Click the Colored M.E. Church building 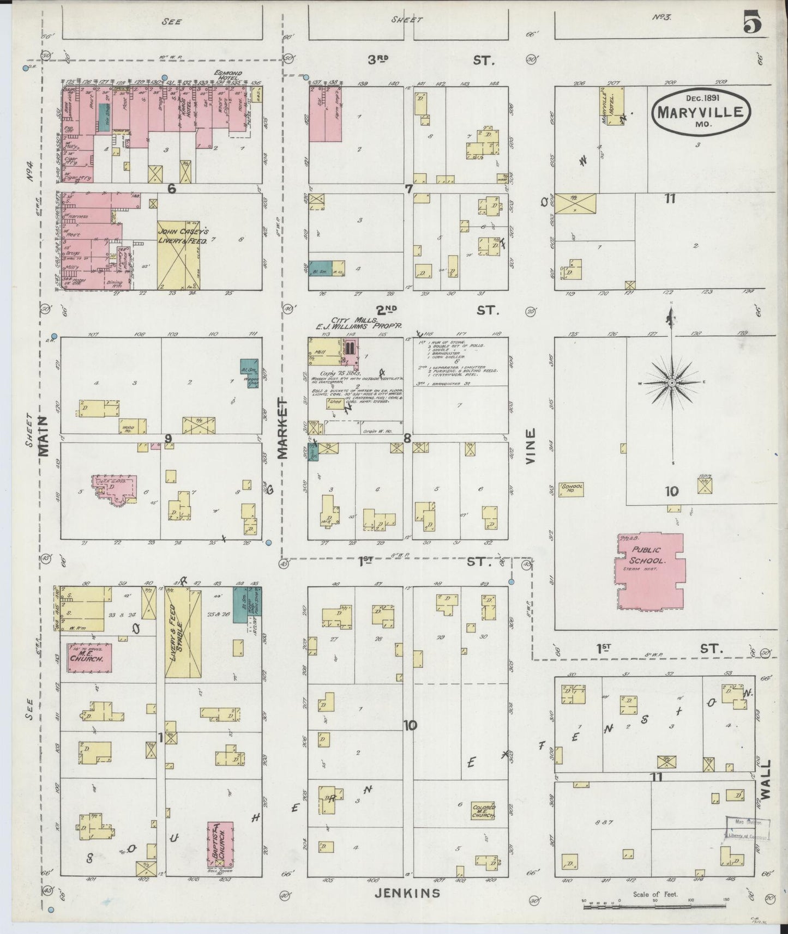point(483,811)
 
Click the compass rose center point(672,383)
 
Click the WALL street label point(766,779)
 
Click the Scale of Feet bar point(654,907)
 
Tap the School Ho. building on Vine point(572,489)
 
